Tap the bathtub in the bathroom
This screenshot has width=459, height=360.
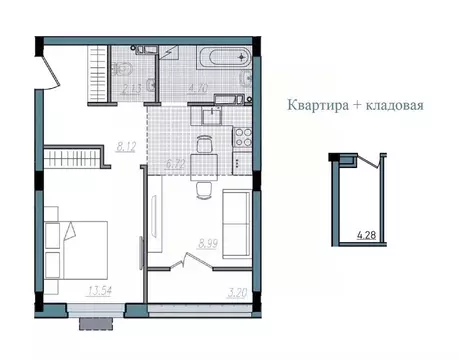tap(221, 57)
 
